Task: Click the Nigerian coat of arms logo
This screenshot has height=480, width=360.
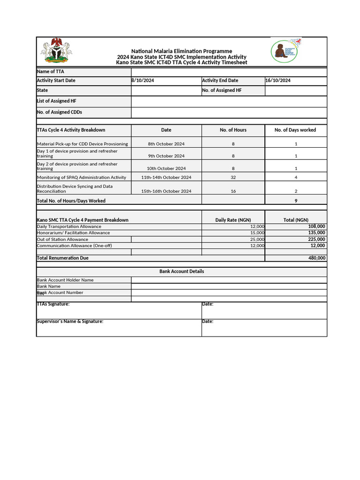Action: [x=55, y=51]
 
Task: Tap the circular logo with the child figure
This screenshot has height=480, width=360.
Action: [x=284, y=52]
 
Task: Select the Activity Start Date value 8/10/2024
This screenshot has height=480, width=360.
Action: [x=143, y=81]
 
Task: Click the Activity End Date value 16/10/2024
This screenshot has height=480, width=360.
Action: [x=278, y=81]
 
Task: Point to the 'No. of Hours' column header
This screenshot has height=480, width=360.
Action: [x=233, y=130]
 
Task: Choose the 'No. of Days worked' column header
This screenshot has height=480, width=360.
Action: [x=295, y=130]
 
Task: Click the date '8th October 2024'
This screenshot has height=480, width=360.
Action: [x=166, y=144]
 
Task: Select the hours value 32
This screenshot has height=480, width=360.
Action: [x=233, y=178]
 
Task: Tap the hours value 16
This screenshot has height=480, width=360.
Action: [x=233, y=191]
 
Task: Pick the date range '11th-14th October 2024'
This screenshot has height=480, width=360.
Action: [x=166, y=178]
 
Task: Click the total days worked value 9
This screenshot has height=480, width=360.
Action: [x=296, y=201]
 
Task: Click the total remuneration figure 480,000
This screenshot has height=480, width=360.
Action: [x=316, y=258]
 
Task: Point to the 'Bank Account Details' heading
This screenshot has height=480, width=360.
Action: [x=181, y=271]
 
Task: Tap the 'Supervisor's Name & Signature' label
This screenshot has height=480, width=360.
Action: [x=70, y=322]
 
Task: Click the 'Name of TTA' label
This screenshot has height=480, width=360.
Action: [x=51, y=72]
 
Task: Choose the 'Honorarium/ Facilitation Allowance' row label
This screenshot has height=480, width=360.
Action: [x=74, y=232]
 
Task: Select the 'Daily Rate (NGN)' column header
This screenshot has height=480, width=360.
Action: [x=233, y=220]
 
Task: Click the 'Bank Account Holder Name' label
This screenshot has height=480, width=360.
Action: [x=65, y=280]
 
